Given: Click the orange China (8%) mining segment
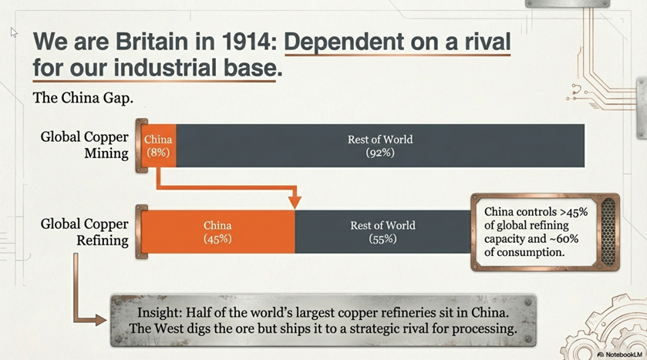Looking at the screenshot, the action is click(159, 146).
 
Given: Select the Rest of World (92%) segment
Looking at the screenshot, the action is click(380, 146).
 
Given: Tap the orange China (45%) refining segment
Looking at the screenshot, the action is click(218, 232).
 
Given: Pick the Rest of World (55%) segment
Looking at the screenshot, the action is click(383, 232).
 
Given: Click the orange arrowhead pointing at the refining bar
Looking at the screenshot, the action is click(295, 202).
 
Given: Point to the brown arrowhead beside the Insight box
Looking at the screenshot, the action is click(101, 320).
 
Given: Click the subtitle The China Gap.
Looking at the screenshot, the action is click(83, 98).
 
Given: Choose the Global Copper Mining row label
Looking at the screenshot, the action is click(85, 145).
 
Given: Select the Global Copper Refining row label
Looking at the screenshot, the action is click(85, 232).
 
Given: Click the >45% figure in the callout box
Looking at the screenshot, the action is click(574, 212).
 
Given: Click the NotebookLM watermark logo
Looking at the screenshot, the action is click(601, 355).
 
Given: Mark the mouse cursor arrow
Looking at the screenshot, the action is click(14, 32).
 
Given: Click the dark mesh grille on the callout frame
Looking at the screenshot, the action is click(608, 232).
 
